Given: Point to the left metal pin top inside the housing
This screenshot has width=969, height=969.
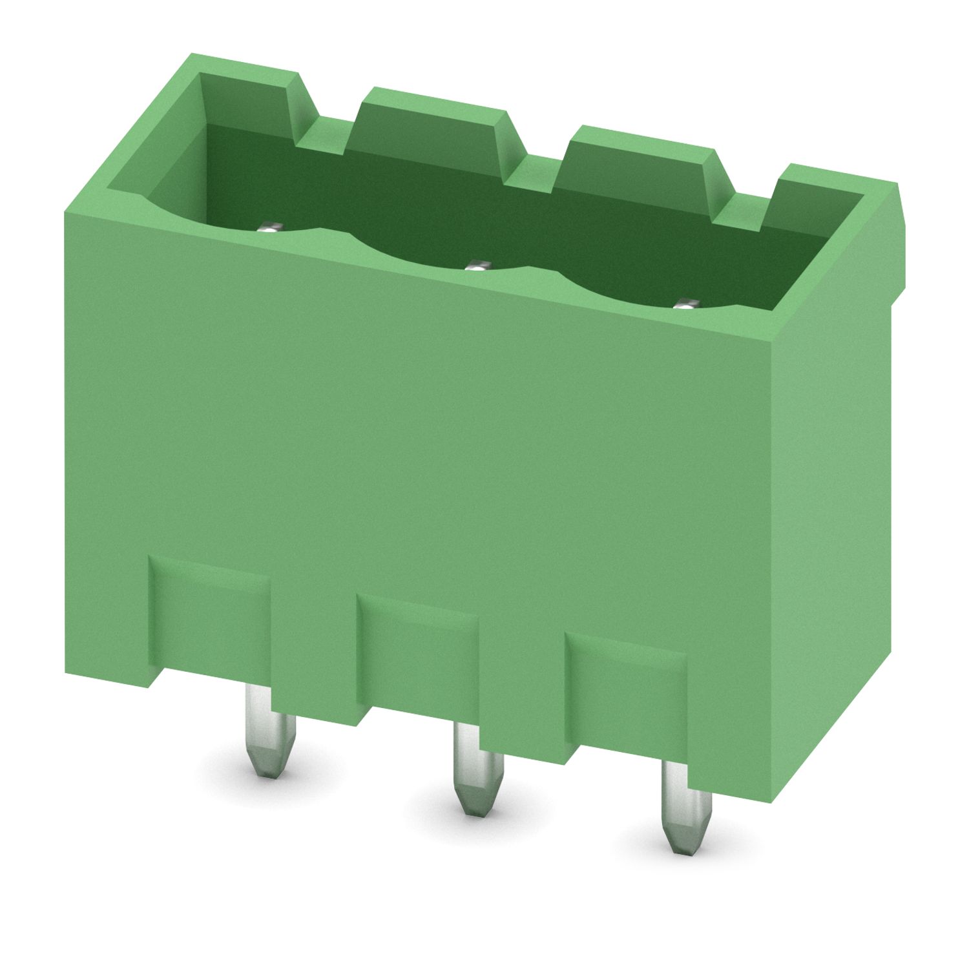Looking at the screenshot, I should coord(269,227).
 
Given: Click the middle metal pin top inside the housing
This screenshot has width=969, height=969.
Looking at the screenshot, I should coord(477,264).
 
